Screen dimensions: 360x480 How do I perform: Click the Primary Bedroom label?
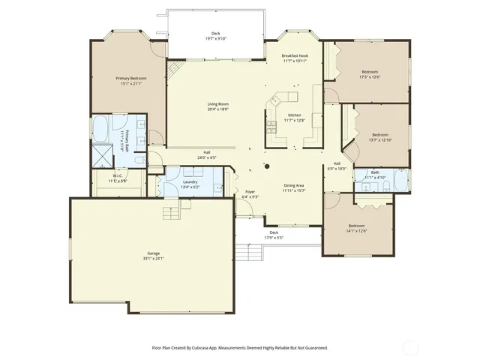click(x=130, y=78)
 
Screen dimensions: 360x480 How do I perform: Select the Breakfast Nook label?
click(x=295, y=56)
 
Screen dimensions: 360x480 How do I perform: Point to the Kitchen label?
click(x=295, y=115)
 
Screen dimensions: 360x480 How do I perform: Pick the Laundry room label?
click(x=190, y=181)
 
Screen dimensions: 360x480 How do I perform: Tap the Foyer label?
click(x=250, y=191)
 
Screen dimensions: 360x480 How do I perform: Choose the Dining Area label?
click(x=293, y=185)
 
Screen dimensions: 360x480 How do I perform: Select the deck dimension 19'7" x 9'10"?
click(x=215, y=38)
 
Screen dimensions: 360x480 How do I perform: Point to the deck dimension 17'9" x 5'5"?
click(x=274, y=238)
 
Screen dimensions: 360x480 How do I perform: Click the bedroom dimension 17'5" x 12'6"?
click(x=370, y=76)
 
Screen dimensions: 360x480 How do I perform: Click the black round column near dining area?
click(x=265, y=166)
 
